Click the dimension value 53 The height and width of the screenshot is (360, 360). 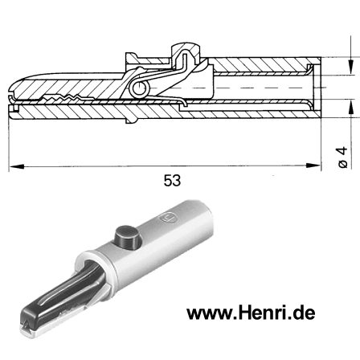point(171,182)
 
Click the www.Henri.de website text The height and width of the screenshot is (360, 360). point(251,313)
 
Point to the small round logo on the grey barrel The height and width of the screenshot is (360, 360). point(168,217)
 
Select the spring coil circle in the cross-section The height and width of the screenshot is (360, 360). point(141,89)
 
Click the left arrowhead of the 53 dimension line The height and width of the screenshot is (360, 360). point(14,166)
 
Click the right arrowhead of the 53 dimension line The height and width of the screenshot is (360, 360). point(315,166)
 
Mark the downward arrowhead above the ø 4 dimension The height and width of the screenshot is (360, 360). point(350,71)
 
